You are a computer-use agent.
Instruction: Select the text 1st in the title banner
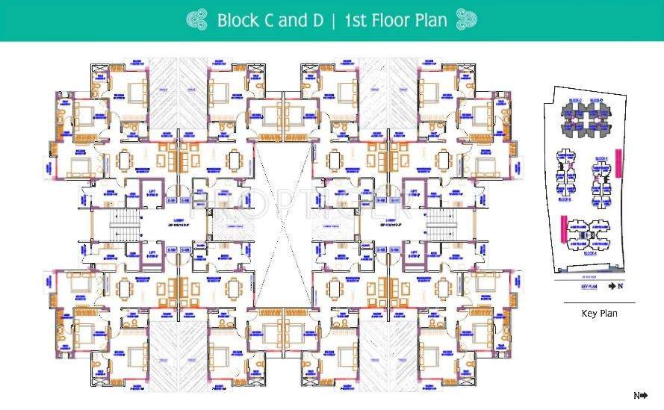point(356,20)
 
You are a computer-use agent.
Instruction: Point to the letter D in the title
point(317,20)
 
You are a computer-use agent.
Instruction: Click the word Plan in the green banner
point(432,20)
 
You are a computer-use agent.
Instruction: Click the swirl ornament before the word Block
point(197,19)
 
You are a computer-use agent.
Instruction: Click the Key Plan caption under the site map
point(599,314)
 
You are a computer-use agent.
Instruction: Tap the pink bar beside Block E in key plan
point(618,160)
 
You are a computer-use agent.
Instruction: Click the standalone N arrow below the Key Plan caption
point(640,396)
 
